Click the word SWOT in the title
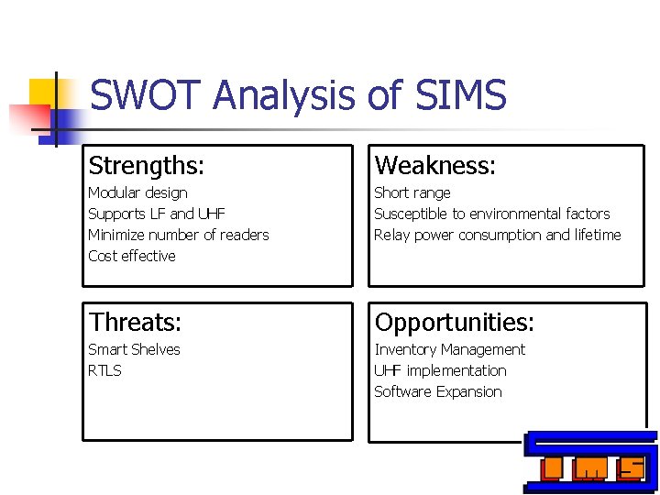[145, 95]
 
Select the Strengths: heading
[147, 166]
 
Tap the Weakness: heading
[435, 166]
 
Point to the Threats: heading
[136, 323]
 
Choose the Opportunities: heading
[455, 323]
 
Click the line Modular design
[137, 192]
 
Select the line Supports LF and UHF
[157, 214]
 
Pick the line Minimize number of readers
[179, 235]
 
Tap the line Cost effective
[132, 256]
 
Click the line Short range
[412, 192]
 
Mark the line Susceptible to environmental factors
[492, 214]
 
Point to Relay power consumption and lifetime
[498, 235]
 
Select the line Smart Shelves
[134, 349]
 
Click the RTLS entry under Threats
[104, 370]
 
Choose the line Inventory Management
[450, 349]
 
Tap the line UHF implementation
[440, 370]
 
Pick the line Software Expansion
[438, 391]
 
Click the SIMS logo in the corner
[591, 462]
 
